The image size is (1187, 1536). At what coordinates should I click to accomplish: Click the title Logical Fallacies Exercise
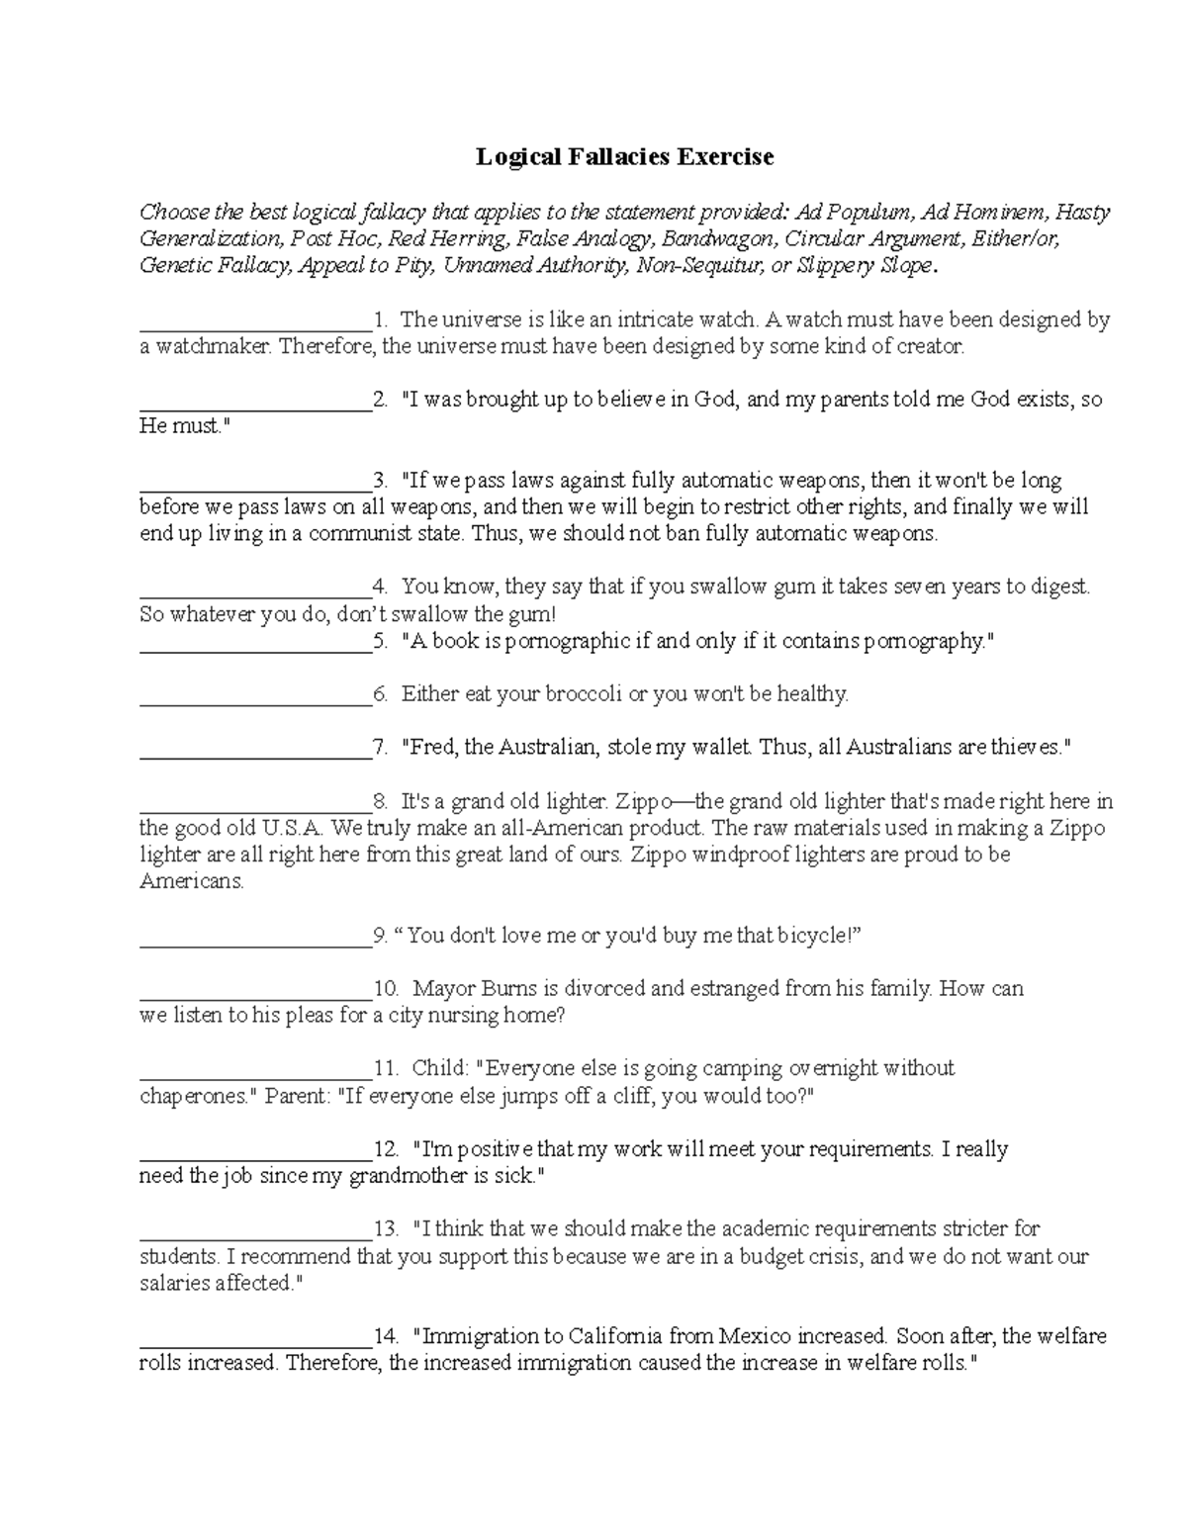[624, 156]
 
